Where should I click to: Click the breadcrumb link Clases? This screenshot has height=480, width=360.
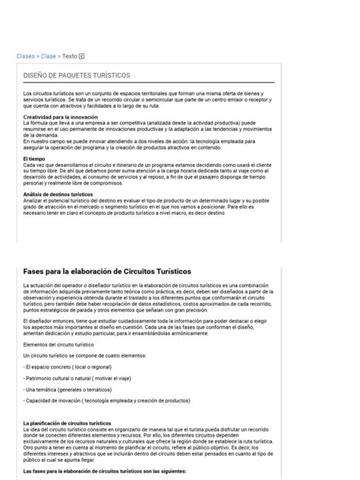pyautogui.click(x=25, y=56)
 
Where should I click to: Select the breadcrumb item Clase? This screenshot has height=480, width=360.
pyautogui.click(x=48, y=56)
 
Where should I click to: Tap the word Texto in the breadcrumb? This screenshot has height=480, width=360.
pyautogui.click(x=69, y=56)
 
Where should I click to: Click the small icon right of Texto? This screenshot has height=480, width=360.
pyautogui.click(x=82, y=56)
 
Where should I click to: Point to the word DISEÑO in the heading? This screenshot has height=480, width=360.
pyautogui.click(x=36, y=76)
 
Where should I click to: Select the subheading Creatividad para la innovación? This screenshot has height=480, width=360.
pyautogui.click(x=60, y=117)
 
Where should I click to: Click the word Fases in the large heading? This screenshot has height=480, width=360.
pyautogui.click(x=36, y=271)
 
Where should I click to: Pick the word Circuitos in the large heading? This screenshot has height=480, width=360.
pyautogui.click(x=135, y=271)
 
